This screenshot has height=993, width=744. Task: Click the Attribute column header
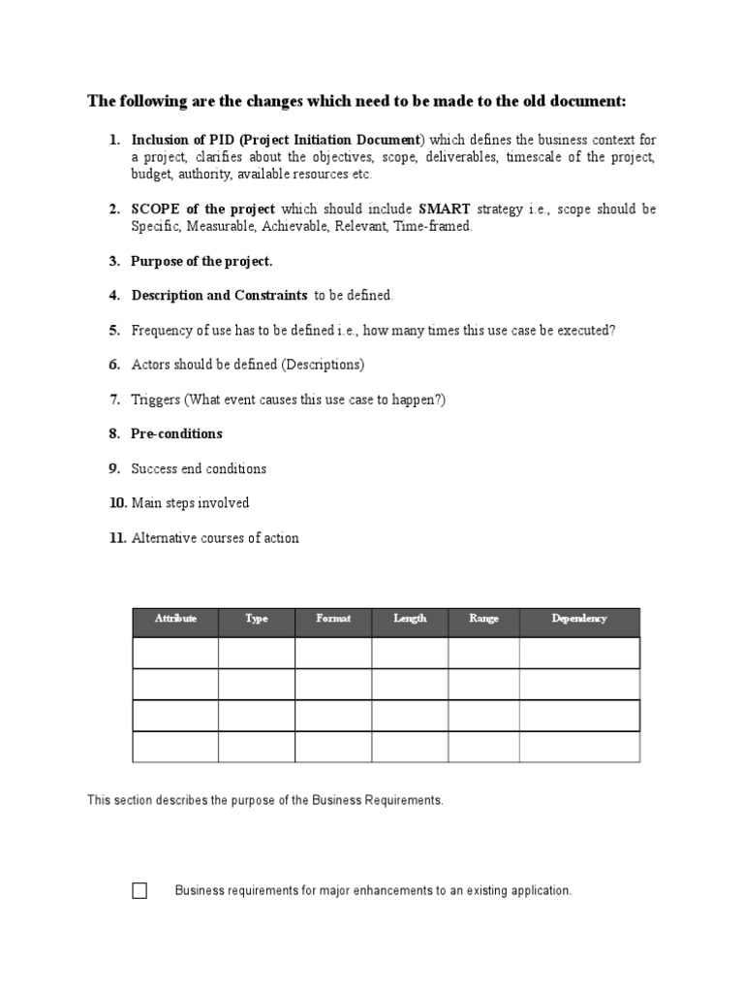click(175, 619)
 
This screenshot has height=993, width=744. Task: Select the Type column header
click(257, 619)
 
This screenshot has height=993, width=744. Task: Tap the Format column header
click(333, 619)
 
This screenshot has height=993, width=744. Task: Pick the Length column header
click(410, 619)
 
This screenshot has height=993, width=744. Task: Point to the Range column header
click(483, 619)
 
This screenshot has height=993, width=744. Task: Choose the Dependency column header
click(579, 619)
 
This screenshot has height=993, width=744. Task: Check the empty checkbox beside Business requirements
click(139, 891)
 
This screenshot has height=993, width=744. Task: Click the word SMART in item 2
click(445, 209)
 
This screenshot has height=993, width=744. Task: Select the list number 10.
click(117, 503)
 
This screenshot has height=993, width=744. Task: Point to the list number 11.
click(117, 538)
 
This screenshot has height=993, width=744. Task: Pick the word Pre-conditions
click(176, 433)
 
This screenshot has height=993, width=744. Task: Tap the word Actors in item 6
click(151, 365)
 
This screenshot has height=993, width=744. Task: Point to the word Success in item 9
click(154, 468)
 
